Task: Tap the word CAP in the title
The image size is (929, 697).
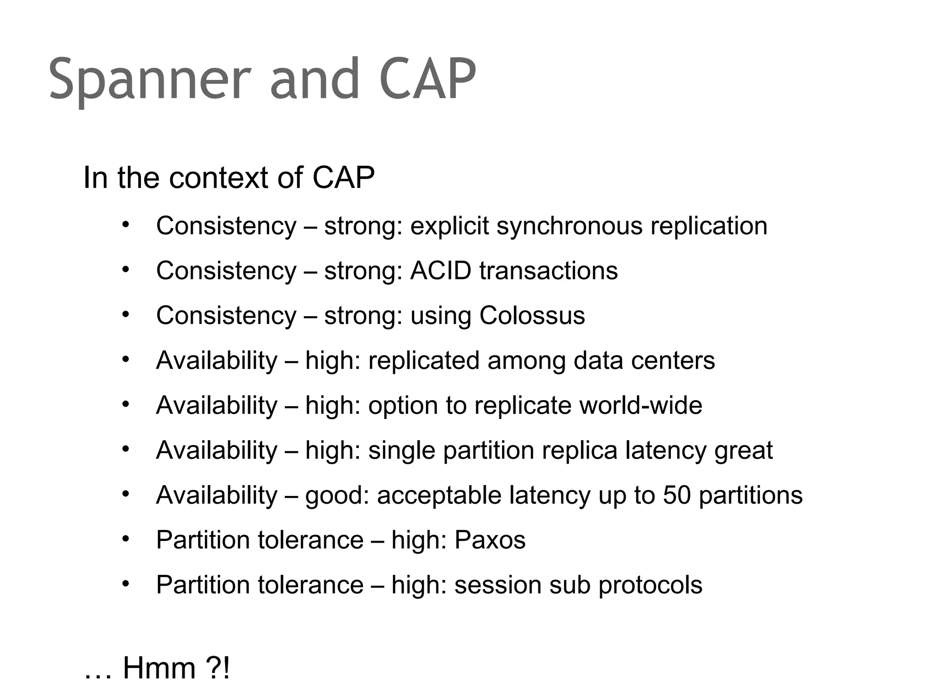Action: [427, 79]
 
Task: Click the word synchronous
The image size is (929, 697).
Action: [569, 226]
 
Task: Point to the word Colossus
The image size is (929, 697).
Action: [532, 315]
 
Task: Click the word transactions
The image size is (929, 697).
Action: [548, 270]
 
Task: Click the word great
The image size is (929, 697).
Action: [743, 451]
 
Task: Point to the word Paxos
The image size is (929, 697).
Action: [490, 540]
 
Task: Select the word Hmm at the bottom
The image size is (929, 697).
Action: [159, 668]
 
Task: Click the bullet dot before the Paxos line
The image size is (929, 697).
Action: [126, 539]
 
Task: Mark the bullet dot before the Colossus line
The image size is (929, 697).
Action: [126, 314]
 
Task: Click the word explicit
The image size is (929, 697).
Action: [450, 226]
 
